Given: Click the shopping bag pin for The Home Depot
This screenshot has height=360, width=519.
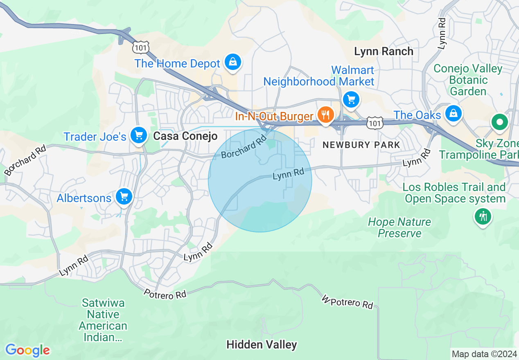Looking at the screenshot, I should click(x=232, y=62).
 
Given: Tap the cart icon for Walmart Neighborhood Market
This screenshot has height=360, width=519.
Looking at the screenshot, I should click(x=351, y=99).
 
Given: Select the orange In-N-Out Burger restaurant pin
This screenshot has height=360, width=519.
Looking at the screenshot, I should click(x=325, y=115).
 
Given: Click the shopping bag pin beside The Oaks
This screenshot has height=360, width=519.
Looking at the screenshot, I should click(x=453, y=113).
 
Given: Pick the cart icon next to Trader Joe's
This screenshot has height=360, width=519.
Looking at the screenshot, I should click(x=138, y=135).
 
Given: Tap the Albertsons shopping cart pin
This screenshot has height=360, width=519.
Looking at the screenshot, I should click(x=124, y=197).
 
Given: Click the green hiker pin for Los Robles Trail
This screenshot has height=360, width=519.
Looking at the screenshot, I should click(x=483, y=216).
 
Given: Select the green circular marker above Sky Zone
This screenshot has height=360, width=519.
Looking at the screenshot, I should click(x=499, y=122).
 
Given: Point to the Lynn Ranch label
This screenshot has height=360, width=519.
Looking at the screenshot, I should click(x=384, y=52).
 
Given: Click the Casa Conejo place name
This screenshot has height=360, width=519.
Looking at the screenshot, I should click(x=185, y=136).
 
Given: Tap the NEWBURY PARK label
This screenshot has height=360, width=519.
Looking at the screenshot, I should click(x=361, y=145).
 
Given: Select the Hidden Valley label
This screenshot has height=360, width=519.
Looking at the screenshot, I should click(x=262, y=345).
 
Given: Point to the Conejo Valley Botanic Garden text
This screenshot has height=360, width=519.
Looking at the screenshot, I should click(x=468, y=80).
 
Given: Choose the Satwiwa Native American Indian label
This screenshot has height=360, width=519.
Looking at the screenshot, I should click(x=103, y=320).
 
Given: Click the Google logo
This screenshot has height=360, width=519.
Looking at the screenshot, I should click(x=27, y=351).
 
